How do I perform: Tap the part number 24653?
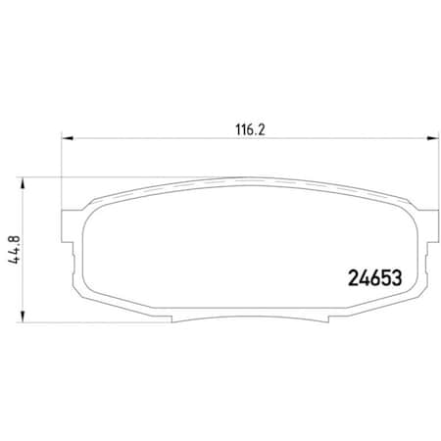pyautogui.click(x=377, y=277)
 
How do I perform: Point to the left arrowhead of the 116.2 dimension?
pyautogui.click(x=66, y=137)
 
